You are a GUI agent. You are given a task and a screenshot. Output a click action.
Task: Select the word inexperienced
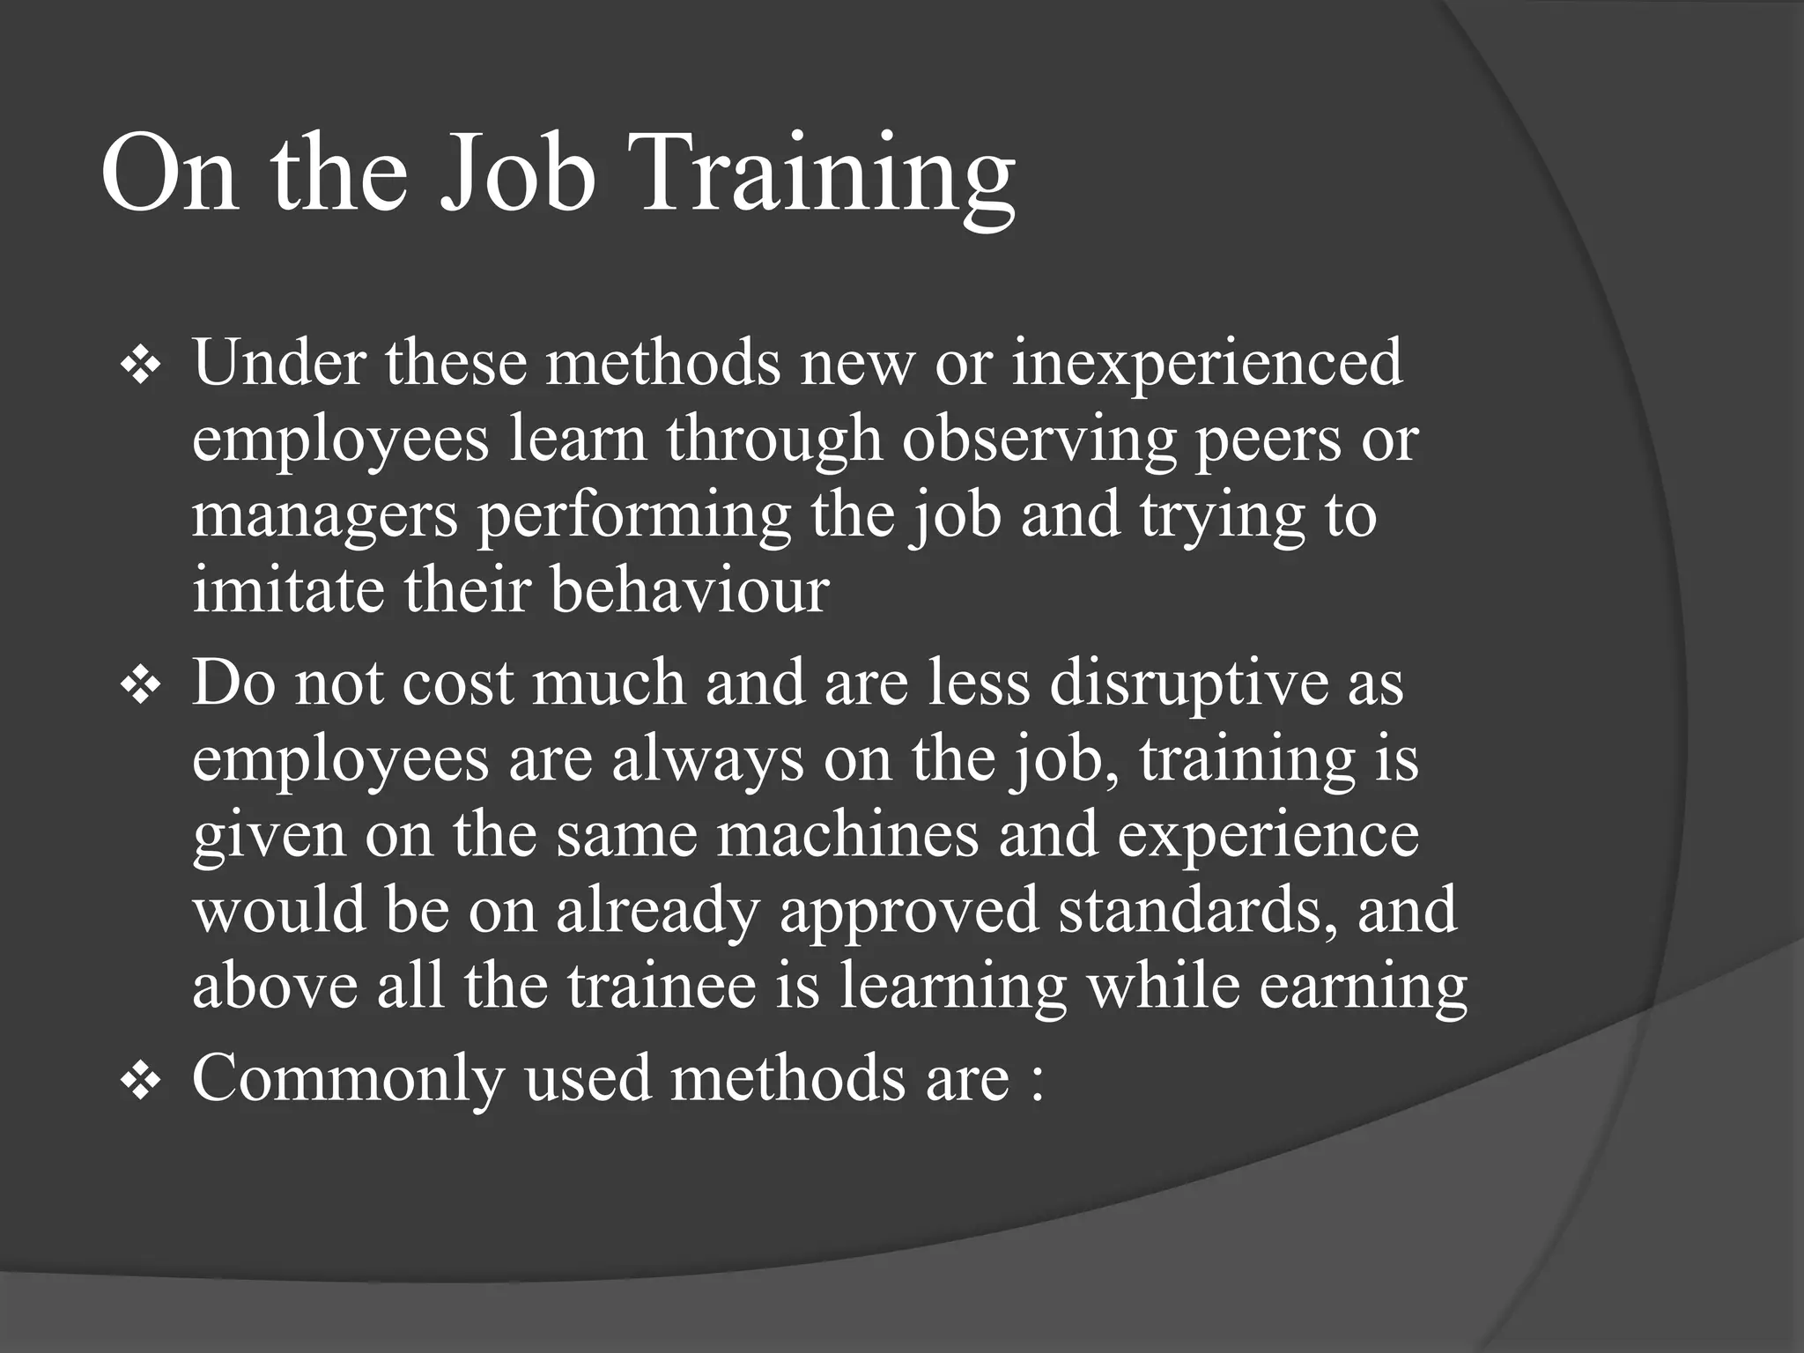pos(1207,362)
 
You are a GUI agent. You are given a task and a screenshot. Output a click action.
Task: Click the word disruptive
pos(1188,683)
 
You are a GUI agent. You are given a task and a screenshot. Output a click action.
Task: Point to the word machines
pos(847,834)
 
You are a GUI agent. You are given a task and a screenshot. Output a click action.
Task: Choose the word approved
pos(909,911)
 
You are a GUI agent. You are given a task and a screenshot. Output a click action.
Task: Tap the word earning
pos(1363,987)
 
